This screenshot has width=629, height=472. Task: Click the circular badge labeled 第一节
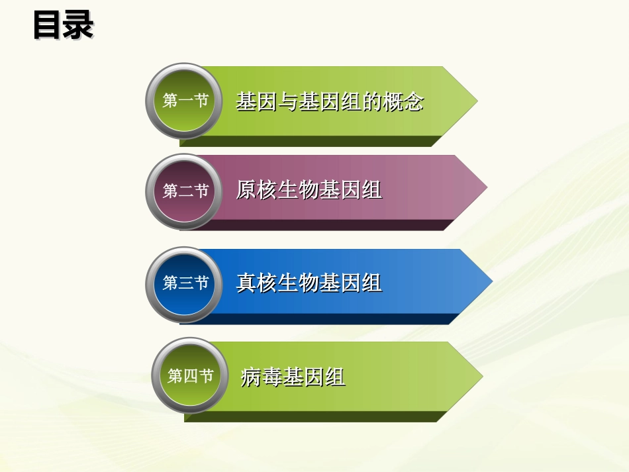[185, 101]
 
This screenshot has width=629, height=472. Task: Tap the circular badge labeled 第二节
[185, 191]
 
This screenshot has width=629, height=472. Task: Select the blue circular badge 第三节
[185, 283]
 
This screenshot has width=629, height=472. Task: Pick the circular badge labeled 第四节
[191, 376]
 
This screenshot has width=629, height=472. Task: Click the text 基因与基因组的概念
[329, 102]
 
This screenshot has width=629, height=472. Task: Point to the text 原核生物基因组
[309, 191]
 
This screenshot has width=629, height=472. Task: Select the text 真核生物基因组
[309, 283]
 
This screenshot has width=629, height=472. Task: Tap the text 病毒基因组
[293, 377]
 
